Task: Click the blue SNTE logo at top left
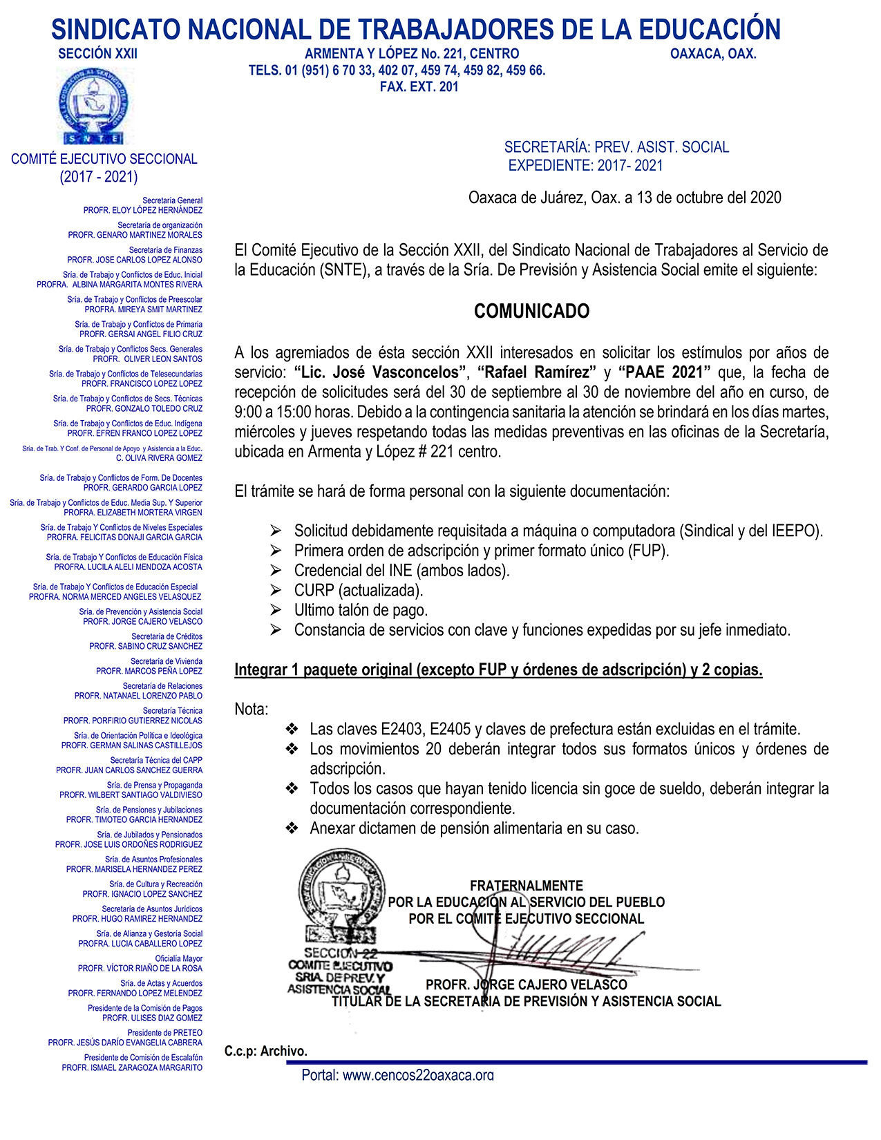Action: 93,107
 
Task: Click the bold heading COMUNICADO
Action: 531,312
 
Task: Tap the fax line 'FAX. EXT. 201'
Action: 419,87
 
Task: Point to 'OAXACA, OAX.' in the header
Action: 713,54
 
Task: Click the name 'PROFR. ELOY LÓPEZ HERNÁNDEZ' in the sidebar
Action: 143,210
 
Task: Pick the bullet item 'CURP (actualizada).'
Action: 358,591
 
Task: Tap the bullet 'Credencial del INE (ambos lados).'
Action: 401,571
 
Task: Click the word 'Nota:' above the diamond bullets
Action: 252,710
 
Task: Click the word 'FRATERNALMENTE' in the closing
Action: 527,886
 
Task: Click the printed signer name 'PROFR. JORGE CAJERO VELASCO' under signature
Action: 527,985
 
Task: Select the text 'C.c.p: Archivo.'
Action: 266,1051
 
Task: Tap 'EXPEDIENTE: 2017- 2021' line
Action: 586,166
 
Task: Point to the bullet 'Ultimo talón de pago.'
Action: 361,611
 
